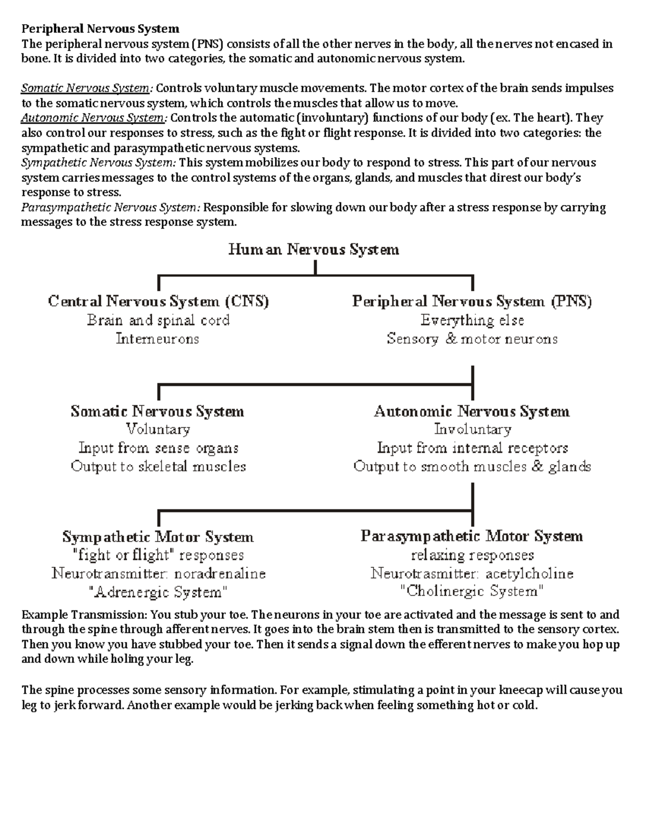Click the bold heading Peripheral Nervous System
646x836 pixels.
(100, 29)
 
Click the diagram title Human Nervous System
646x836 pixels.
(314, 250)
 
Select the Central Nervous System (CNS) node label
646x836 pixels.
(158, 301)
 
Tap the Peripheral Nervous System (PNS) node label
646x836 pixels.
(472, 301)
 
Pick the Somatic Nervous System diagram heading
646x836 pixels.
(157, 412)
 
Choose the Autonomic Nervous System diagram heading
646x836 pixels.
(472, 412)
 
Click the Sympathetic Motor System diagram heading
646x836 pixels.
(158, 537)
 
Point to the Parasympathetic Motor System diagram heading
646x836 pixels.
(472, 537)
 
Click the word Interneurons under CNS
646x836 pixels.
(157, 339)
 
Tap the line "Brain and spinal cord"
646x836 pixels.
(158, 320)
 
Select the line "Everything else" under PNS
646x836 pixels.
(472, 320)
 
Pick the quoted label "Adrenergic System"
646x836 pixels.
(158, 593)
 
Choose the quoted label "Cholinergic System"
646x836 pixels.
(472, 592)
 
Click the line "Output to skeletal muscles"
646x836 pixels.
(158, 467)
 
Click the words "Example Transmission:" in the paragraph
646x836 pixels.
(84, 615)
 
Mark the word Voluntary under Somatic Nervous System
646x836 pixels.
(158, 430)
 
